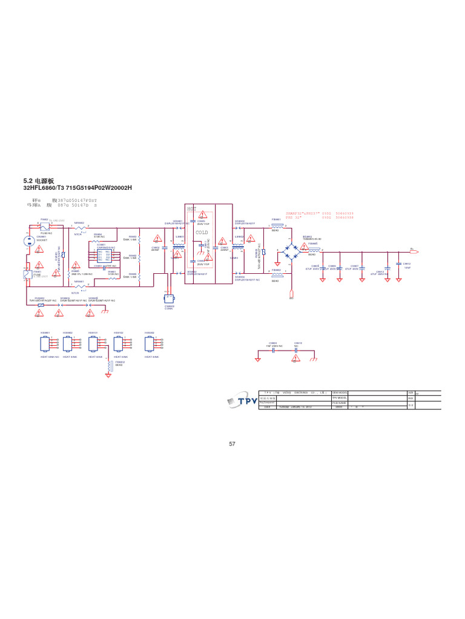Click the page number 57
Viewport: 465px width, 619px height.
pos(232,444)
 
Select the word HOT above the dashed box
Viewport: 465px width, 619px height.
pos(192,209)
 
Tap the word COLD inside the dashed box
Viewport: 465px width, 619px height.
pos(202,232)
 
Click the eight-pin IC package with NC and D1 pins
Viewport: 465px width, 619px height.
pos(104,254)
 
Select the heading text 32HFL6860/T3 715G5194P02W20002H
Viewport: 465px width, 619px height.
pos(77,188)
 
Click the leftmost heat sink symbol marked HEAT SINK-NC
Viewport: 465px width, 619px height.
pos(45,343)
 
